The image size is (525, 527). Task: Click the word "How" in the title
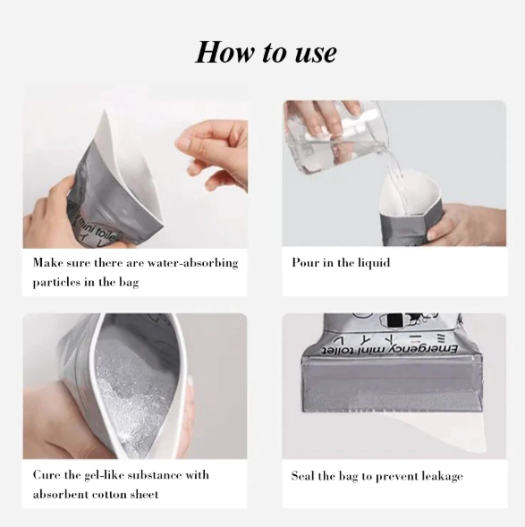[x=224, y=52]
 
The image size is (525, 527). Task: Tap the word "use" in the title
[x=316, y=54]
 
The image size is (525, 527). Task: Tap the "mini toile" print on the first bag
[x=97, y=228]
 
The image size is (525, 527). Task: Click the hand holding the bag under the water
[x=467, y=225]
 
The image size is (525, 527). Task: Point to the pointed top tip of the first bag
[x=106, y=110]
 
